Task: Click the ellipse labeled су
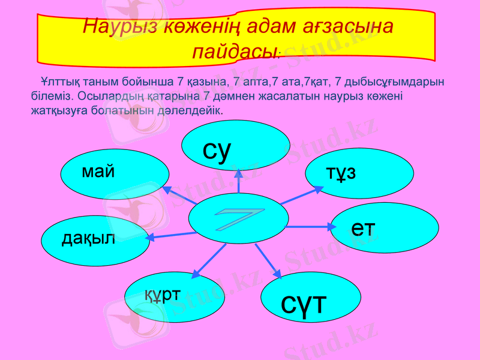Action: pyautogui.click(x=236, y=145)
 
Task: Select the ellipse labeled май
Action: pyautogui.click(x=114, y=174)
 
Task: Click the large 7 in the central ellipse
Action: pyautogui.click(x=238, y=218)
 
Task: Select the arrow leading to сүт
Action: pyautogui.click(x=268, y=260)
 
